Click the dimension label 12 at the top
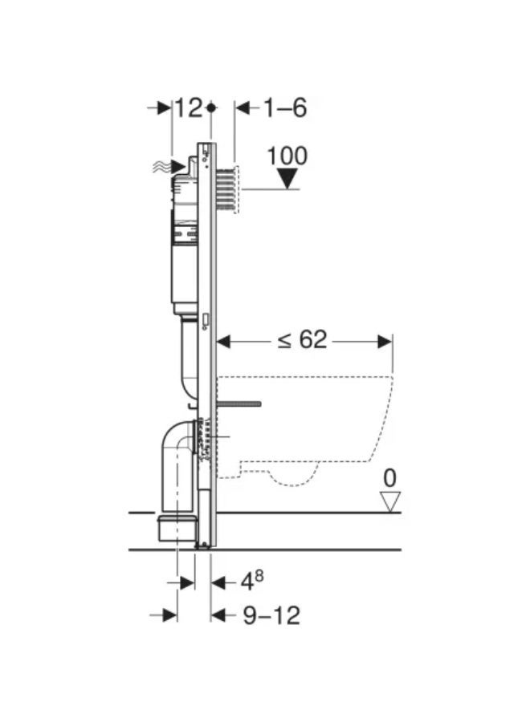pyautogui.click(x=188, y=108)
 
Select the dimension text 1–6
pyautogui.click(x=285, y=108)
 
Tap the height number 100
pyautogui.click(x=287, y=156)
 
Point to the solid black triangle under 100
pyautogui.click(x=288, y=179)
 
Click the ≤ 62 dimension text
pyautogui.click(x=302, y=340)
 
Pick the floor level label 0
pyautogui.click(x=389, y=478)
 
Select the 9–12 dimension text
pyautogui.click(x=271, y=615)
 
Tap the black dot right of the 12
pyautogui.click(x=211, y=108)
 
